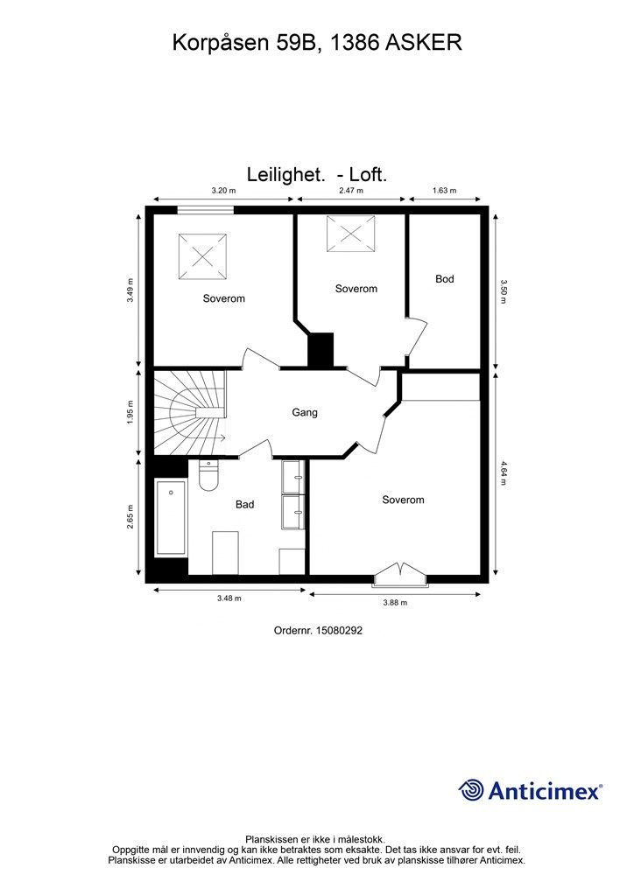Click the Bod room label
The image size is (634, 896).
coord(445,279)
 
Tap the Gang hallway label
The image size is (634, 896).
coord(305,412)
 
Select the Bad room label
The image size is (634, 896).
coord(244,504)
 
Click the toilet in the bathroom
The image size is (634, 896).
coord(208,476)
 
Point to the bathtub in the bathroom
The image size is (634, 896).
coord(171,517)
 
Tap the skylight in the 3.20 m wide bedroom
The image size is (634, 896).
coord(202,256)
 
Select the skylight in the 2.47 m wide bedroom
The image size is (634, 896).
coord(350,234)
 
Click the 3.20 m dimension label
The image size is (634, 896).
coord(223,190)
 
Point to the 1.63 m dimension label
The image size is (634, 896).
coord(446,190)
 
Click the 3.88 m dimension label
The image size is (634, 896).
coord(394,602)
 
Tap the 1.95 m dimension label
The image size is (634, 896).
coord(130,412)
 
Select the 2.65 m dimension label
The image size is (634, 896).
coord(130,517)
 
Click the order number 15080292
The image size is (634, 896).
coord(318,628)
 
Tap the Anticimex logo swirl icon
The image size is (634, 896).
coord(471,790)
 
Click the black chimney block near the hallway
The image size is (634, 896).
coord(321,350)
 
